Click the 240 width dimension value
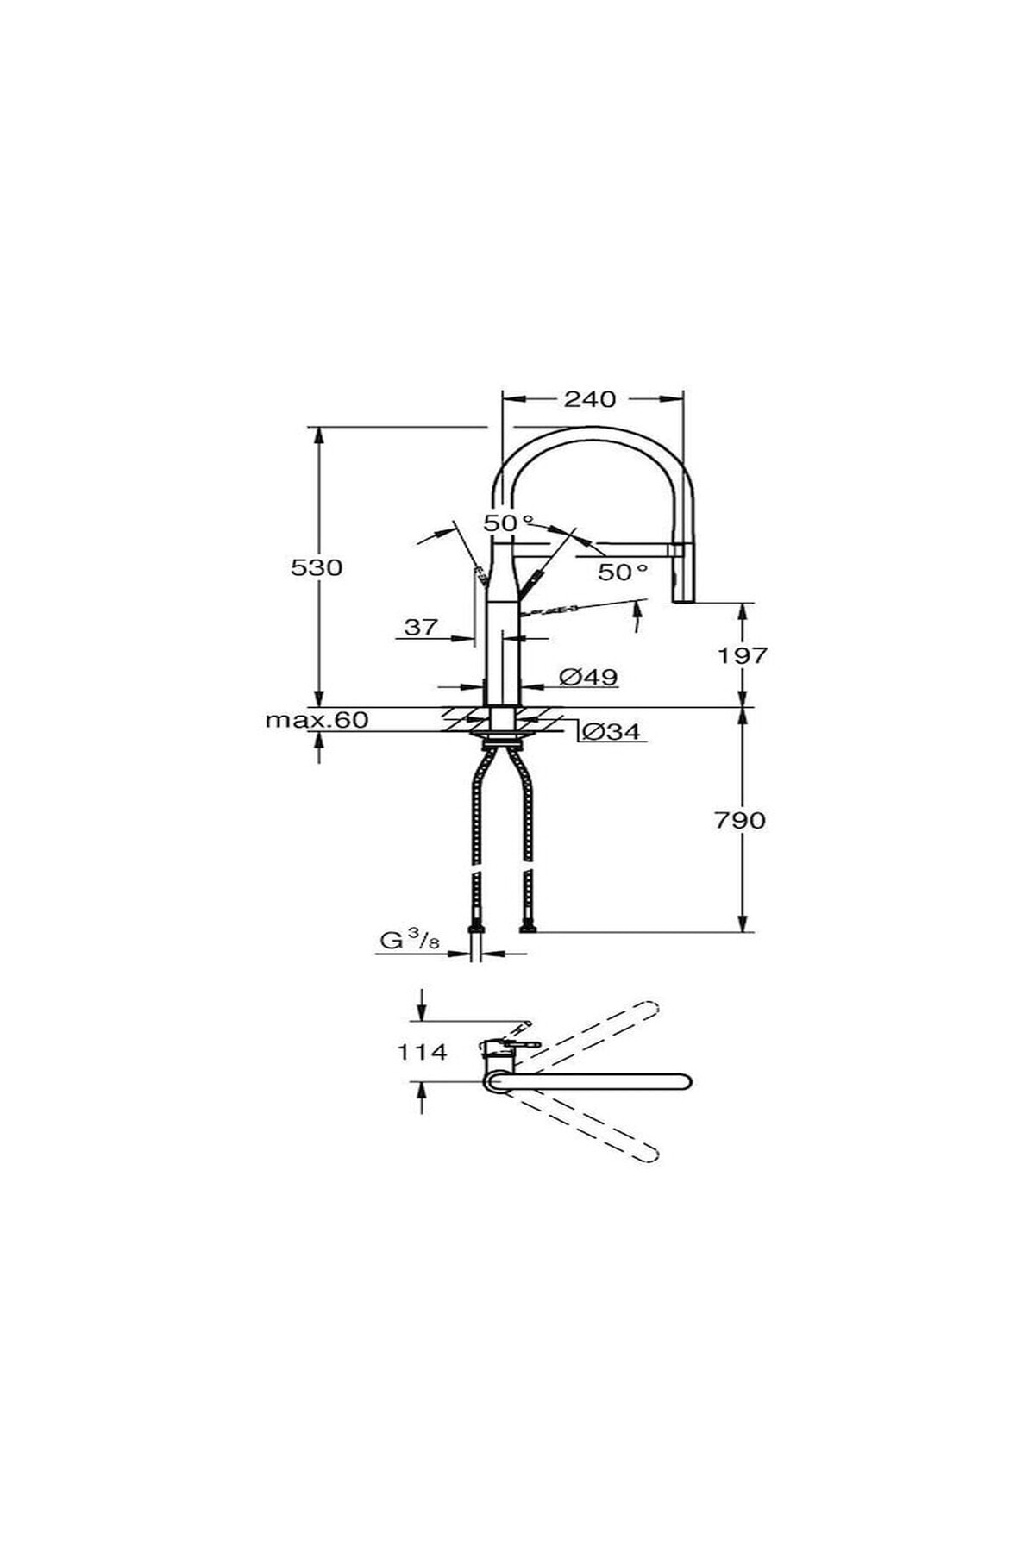tap(590, 398)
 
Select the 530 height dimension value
tap(317, 567)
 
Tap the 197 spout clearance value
tap(743, 655)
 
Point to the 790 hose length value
tap(740, 820)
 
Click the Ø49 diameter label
tap(588, 677)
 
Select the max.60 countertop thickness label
tap(317, 719)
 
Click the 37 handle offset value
tap(421, 627)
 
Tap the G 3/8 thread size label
tap(410, 941)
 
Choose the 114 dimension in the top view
tap(422, 1052)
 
